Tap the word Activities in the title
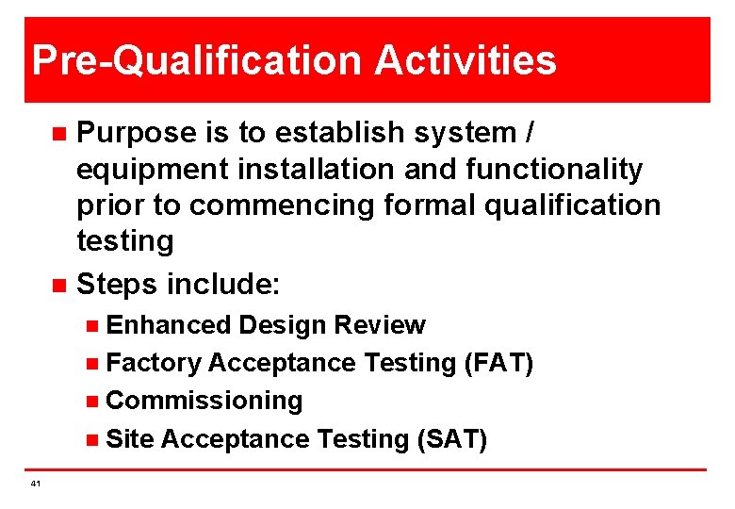click(465, 61)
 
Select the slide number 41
click(35, 484)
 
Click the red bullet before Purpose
click(57, 134)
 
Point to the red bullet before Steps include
click(57, 284)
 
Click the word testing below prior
click(124, 242)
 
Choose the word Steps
click(117, 283)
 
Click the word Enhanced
click(169, 325)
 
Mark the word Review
click(380, 325)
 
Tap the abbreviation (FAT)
click(498, 363)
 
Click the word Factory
click(154, 363)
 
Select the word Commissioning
click(204, 401)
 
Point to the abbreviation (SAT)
click(452, 439)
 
